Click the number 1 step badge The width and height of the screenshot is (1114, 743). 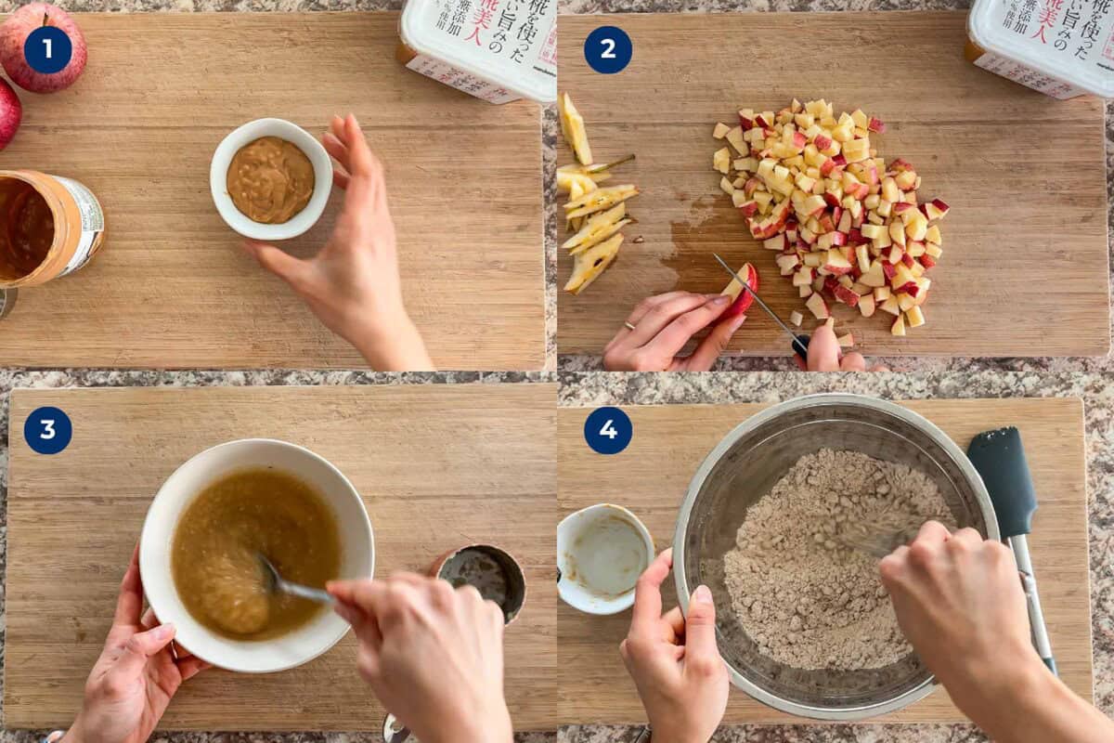click(x=47, y=50)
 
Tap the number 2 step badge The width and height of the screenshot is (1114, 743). click(x=608, y=50)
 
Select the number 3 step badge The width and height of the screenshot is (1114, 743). click(x=47, y=430)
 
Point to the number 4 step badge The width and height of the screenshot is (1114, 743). click(x=608, y=430)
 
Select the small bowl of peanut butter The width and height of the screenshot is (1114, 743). click(x=270, y=178)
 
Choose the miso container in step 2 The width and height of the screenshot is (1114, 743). click(x=1040, y=46)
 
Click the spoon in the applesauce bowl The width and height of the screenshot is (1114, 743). click(x=292, y=585)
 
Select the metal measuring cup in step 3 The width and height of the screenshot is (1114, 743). click(x=482, y=576)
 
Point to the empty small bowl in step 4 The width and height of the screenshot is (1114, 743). click(x=603, y=557)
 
